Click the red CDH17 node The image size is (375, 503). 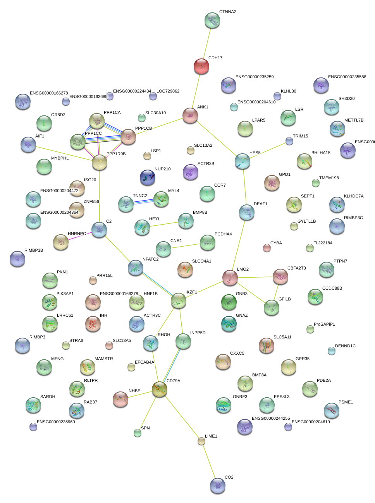201,66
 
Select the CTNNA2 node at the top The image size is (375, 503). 212,21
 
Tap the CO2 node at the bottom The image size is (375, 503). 218,486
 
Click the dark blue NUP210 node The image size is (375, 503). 148,177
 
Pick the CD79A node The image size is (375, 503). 159,389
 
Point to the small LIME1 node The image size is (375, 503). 201,441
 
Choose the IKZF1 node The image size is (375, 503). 179,300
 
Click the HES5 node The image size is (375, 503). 243,161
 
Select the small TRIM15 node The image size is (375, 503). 289,141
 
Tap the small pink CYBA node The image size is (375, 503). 267,247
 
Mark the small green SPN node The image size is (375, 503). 138,433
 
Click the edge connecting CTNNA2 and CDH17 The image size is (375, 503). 207,43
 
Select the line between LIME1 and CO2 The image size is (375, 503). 209,462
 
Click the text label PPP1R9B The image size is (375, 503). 116,154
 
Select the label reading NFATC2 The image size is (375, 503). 150,259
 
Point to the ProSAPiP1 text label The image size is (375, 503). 324,324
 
